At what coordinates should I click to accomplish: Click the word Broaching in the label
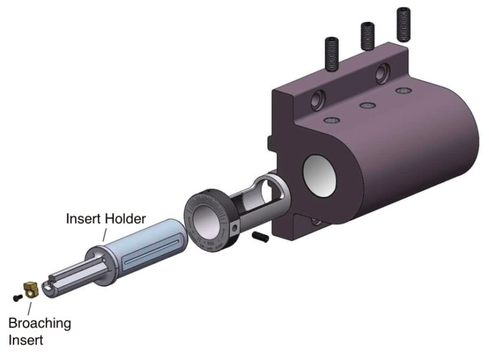tap(39, 323)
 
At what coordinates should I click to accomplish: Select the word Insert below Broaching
tap(25, 340)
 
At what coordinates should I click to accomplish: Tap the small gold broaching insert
tap(31, 290)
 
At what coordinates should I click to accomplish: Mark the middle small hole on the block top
tap(365, 105)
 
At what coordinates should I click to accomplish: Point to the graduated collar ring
tap(210, 217)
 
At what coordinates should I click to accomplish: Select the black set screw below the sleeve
tap(259, 236)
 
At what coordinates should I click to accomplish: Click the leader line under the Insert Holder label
tap(106, 234)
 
